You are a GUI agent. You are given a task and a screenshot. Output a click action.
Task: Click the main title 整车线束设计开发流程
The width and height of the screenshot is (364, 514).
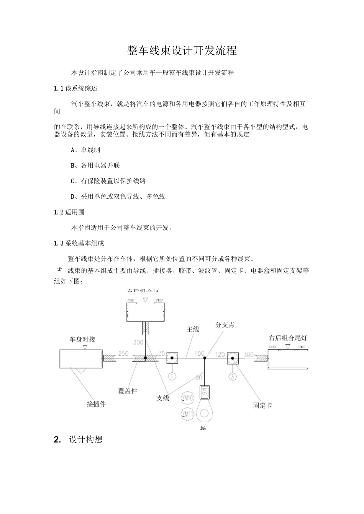point(182,50)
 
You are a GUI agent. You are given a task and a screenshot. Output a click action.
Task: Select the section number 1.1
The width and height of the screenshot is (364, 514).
point(59,88)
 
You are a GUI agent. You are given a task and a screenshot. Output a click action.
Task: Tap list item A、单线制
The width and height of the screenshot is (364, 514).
point(85,150)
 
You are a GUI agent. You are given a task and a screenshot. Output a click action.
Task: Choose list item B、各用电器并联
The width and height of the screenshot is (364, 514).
point(95,166)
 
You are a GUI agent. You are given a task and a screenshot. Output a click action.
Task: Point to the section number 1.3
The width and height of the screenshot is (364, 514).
point(59,243)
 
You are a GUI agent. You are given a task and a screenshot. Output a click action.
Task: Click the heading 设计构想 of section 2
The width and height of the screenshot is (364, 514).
point(86,439)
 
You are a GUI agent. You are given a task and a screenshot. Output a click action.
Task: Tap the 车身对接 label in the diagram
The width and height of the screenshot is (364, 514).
point(82,339)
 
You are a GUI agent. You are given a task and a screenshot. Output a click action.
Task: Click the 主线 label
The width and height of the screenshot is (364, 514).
point(193,329)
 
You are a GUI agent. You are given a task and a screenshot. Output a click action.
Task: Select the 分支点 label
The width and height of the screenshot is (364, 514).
point(225,325)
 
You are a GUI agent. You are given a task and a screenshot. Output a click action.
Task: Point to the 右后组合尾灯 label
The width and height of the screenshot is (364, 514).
point(288,338)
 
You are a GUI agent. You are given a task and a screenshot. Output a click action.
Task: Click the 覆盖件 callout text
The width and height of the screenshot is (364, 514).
point(128,391)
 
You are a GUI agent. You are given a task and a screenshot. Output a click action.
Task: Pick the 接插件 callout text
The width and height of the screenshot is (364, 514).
point(96,404)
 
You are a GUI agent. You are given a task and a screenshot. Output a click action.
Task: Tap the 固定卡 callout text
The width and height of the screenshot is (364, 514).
point(262,405)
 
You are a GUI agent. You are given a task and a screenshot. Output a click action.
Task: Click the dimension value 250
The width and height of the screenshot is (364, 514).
point(123,354)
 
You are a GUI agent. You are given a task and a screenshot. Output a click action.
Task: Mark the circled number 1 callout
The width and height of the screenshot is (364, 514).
point(172,376)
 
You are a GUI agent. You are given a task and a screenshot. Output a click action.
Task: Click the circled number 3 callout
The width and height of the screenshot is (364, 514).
point(233,376)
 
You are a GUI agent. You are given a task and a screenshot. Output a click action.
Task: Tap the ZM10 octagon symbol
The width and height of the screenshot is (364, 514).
point(188,398)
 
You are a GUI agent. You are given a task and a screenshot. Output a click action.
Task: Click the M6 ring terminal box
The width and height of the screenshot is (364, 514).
point(204,392)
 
